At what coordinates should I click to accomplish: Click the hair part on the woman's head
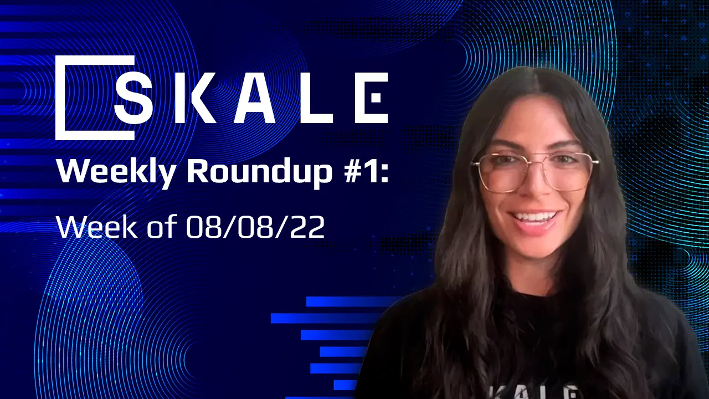[532, 83]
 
